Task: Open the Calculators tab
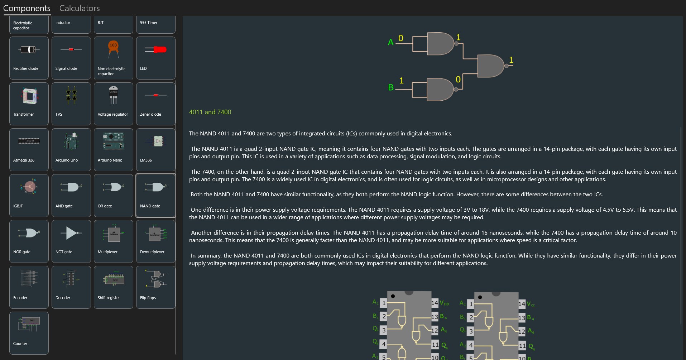click(79, 8)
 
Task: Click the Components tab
click(27, 8)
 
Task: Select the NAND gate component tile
click(156, 196)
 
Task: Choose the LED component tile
click(156, 58)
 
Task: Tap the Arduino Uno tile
click(71, 150)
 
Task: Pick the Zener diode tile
click(156, 104)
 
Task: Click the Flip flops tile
click(156, 287)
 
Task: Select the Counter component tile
click(29, 333)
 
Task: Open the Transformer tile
click(29, 104)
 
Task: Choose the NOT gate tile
click(71, 241)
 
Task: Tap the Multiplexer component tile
click(114, 241)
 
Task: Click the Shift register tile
click(114, 287)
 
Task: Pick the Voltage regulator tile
click(114, 104)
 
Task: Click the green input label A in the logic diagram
click(390, 42)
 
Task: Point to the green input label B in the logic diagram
click(391, 87)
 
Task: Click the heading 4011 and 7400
click(210, 112)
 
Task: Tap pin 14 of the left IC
click(435, 303)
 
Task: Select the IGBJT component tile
click(29, 196)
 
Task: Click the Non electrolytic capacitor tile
click(114, 58)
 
